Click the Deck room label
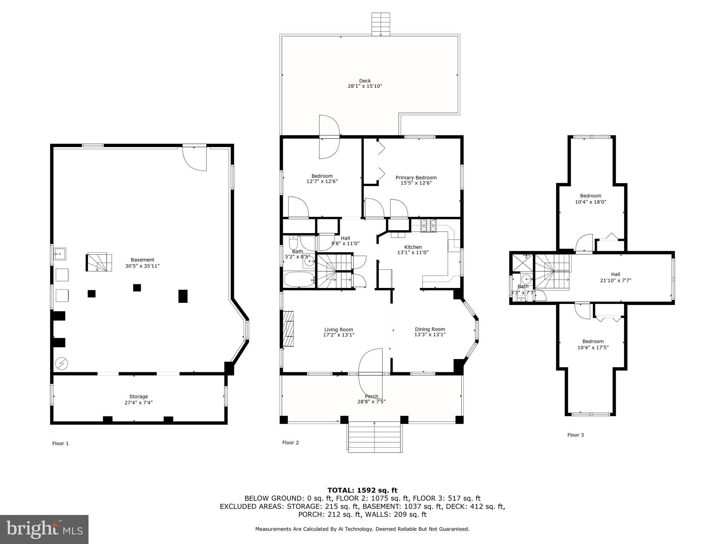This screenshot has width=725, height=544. (365, 81)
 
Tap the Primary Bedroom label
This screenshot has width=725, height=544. (416, 177)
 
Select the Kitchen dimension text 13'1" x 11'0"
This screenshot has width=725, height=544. (413, 253)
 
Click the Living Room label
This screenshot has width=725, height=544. (339, 329)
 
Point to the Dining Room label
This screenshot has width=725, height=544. (430, 329)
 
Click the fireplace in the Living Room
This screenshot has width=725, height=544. (288, 329)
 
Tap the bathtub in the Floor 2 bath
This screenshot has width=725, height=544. (299, 279)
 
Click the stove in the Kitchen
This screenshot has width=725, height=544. (428, 226)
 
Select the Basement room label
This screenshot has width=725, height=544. (142, 260)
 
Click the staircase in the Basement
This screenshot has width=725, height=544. (99, 262)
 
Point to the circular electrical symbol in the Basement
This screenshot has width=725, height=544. (62, 363)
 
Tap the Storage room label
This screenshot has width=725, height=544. (138, 396)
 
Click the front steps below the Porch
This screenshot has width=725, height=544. (375, 437)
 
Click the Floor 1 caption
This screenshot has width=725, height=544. (61, 443)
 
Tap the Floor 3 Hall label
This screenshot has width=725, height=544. (616, 274)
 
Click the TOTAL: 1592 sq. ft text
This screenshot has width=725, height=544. (362, 490)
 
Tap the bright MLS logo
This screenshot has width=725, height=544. (44, 529)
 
